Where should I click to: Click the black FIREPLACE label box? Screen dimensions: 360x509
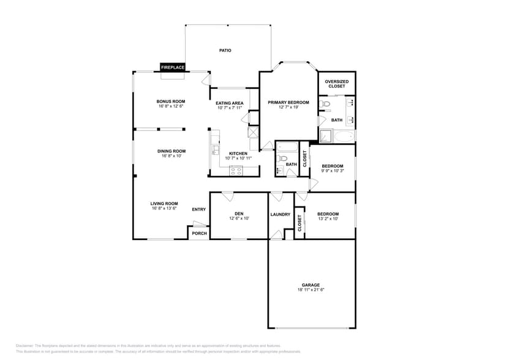173,67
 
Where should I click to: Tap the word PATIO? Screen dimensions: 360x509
225,50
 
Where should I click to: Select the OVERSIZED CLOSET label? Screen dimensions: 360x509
336,84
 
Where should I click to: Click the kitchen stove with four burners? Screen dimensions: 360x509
236,171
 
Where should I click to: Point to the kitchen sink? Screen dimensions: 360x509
215,149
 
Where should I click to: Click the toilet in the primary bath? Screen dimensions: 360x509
325,105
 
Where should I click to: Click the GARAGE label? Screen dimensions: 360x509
311,285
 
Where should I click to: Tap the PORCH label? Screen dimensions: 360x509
199,233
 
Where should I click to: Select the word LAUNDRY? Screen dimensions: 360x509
280,214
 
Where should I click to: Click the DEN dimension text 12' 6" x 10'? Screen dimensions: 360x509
239,218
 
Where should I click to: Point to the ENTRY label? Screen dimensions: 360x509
198,209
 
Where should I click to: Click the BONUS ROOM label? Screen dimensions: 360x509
170,102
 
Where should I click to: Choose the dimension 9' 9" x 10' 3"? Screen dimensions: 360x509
333,171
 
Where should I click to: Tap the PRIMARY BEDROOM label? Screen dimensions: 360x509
288,102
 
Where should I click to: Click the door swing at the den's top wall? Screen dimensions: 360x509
227,197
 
